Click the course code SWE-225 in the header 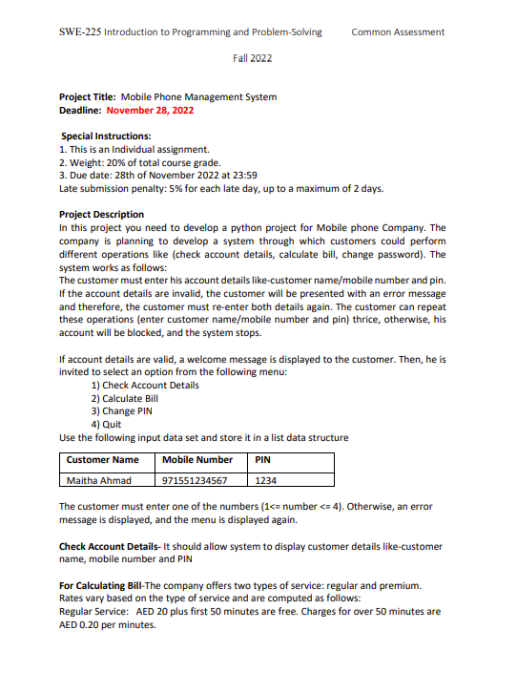[x=79, y=31]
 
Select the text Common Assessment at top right [x=398, y=31]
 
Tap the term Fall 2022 [x=253, y=58]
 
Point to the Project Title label [x=88, y=96]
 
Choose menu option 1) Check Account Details [x=145, y=385]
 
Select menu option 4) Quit [x=107, y=425]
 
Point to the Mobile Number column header [x=197, y=460]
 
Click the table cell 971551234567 [x=196, y=480]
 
